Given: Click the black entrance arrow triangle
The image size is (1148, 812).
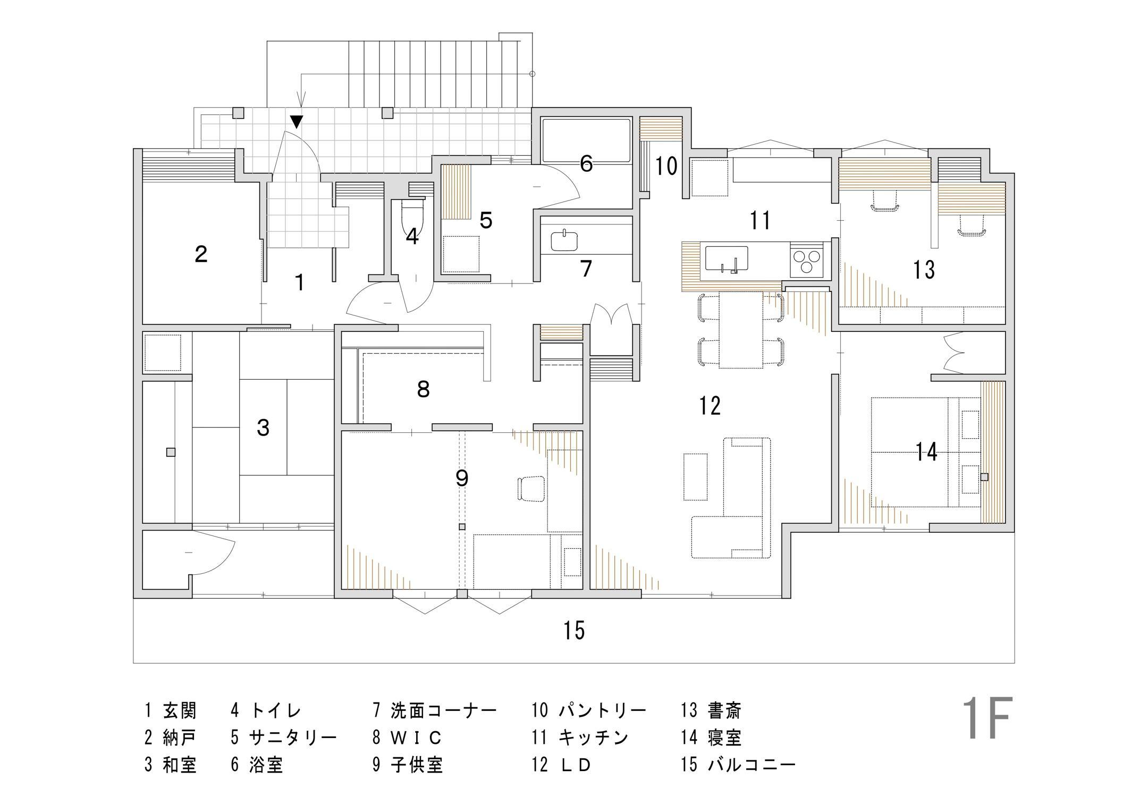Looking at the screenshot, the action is pos(297,122).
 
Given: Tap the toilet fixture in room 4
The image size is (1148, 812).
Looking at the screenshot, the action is pos(412,217).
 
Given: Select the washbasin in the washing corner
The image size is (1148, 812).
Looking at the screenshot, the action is pos(564,240).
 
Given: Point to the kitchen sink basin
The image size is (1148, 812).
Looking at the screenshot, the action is pos(726,259).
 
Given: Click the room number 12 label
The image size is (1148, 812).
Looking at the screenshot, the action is pos(710,406).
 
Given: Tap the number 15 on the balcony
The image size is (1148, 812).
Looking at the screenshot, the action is pos(574,631).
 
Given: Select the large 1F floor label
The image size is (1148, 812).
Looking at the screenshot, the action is pos(986,718).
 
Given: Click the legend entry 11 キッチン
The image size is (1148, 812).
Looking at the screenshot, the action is pos(580,738).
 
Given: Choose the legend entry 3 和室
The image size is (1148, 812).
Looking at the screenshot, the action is pos(171,765).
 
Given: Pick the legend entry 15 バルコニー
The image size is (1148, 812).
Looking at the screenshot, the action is pos(738,765).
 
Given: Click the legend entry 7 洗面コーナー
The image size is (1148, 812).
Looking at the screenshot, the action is pos(434,710).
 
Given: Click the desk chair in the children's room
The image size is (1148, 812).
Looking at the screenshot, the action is pos(531,488).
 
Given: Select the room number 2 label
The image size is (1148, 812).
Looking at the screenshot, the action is pos(201,254).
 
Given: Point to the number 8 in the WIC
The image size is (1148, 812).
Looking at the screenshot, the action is pos(423,390).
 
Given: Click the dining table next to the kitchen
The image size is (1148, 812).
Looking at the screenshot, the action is pos(740,330).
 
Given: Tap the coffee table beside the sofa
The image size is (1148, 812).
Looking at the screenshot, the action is pos(695,476).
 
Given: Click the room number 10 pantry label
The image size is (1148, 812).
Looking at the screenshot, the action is pos(666,166).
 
